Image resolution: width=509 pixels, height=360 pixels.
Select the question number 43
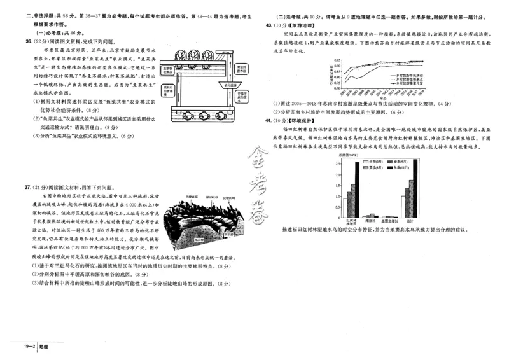[x=270, y=25]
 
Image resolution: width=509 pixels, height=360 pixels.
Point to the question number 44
[x=270, y=120]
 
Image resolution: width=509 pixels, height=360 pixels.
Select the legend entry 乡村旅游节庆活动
[x=408, y=74]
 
